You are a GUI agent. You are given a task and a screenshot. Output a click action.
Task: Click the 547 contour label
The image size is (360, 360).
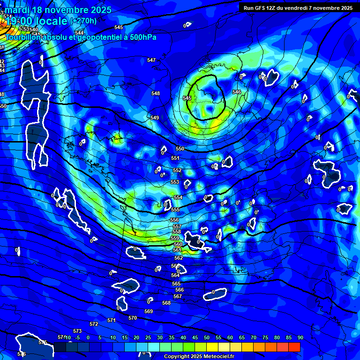151,60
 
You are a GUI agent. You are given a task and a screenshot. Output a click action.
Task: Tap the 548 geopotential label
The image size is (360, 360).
156,93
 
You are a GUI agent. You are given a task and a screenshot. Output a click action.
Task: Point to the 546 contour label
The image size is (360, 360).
237,92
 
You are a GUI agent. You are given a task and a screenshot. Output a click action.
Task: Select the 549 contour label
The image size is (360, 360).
155,118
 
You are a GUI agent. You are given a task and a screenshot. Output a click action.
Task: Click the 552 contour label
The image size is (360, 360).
177,170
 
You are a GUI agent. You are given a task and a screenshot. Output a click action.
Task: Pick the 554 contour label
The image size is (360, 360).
178,197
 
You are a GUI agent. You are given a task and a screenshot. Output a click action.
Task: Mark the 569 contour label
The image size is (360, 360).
149,311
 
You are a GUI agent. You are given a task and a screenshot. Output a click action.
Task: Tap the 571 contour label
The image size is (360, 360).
111,320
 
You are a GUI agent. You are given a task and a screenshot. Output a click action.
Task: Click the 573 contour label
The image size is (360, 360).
77,331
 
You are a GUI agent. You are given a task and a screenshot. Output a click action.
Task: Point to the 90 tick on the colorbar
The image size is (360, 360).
300,337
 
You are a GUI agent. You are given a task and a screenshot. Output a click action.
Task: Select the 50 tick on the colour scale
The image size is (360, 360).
207,337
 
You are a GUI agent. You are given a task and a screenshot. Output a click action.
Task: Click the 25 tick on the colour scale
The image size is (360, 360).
148,337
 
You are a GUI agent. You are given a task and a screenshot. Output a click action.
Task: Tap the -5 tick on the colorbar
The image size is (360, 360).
77,337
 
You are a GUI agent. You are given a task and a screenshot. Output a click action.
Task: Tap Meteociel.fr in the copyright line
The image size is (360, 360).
208,357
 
